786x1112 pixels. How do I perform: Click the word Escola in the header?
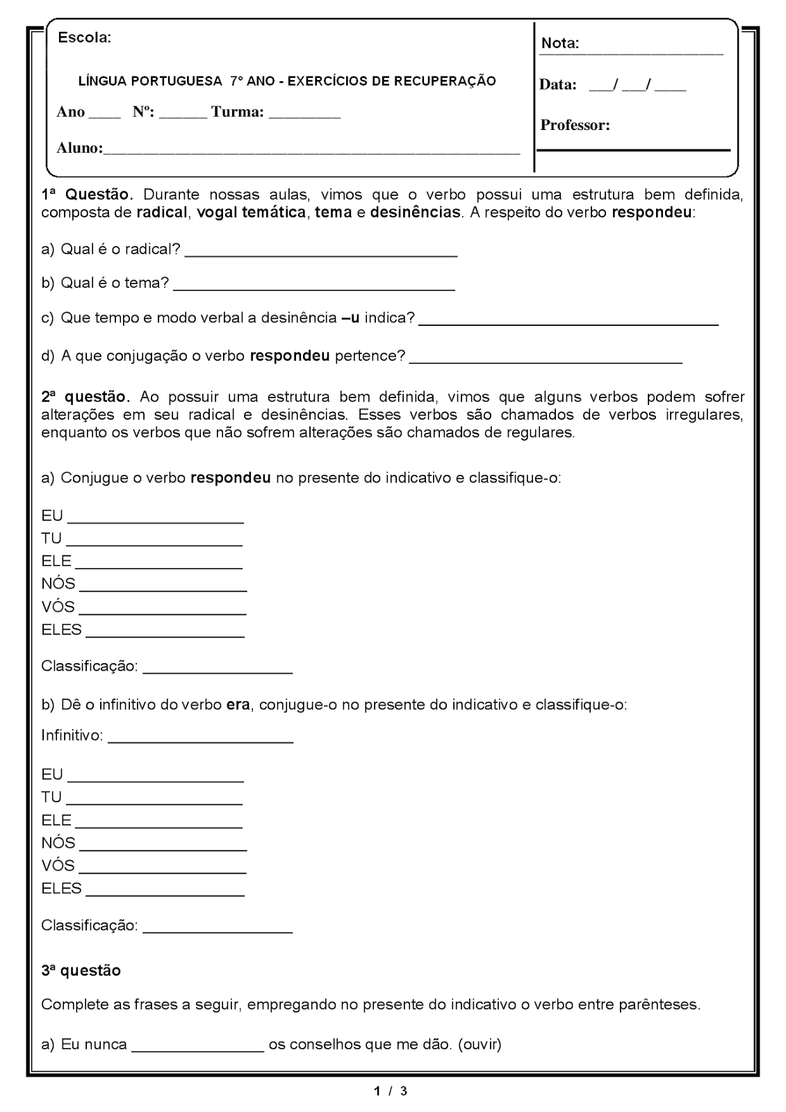tap(84, 38)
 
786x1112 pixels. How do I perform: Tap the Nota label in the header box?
tap(559, 43)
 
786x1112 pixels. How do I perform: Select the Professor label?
tap(575, 125)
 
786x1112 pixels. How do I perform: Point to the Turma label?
tap(237, 112)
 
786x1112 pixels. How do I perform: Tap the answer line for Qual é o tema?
tap(314, 287)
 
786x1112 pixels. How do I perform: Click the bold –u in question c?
tap(350, 318)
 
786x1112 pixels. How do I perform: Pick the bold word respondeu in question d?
tap(289, 356)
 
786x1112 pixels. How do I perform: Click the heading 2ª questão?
tap(85, 397)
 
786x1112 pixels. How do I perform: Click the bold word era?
tap(238, 705)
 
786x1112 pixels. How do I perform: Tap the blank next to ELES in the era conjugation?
tap(165, 894)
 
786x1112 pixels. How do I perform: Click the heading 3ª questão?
tap(81, 971)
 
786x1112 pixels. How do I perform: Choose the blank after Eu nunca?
tap(197, 1050)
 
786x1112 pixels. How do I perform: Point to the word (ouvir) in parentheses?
tap(480, 1045)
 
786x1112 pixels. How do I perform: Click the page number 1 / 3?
tap(391, 1091)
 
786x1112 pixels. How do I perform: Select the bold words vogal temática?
tap(252, 213)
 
